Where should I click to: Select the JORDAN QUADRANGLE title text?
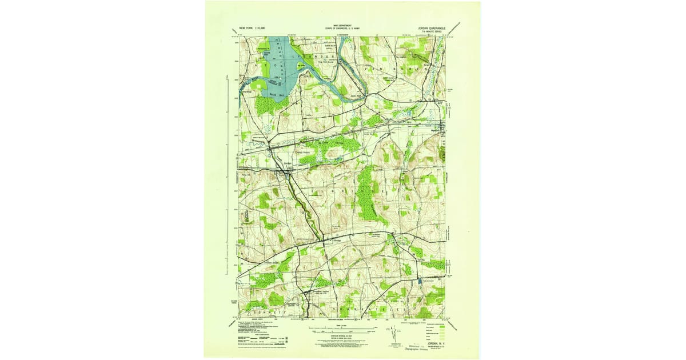[427, 27]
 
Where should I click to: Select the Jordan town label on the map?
[288, 164]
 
